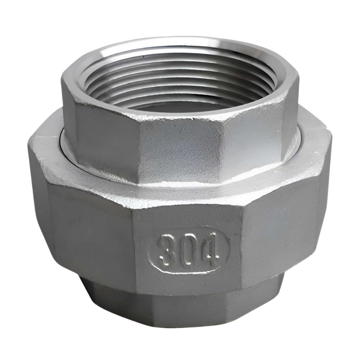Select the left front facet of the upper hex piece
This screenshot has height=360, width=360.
tap(104, 140)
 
